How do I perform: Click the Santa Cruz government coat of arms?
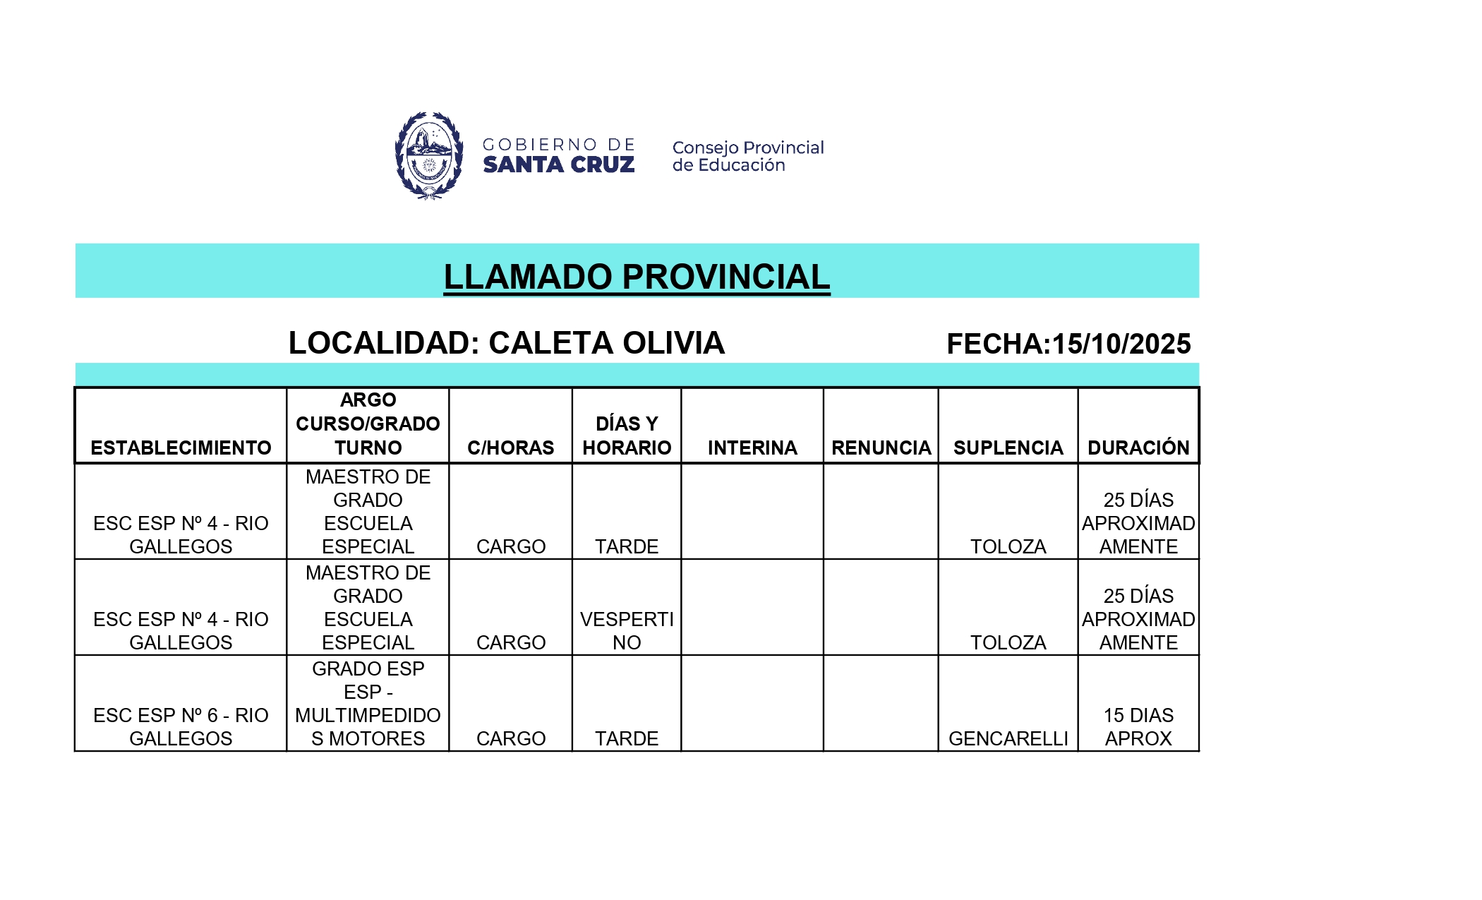(x=428, y=155)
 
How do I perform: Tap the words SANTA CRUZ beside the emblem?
(x=558, y=164)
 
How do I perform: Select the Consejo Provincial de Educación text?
(x=747, y=156)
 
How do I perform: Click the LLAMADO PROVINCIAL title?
(x=637, y=276)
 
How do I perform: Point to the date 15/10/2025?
(x=1121, y=344)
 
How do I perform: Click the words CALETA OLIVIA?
(x=606, y=343)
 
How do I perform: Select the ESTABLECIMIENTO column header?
(x=181, y=448)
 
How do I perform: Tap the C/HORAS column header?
(x=510, y=448)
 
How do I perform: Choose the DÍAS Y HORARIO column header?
(x=627, y=436)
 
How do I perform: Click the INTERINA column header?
(x=752, y=448)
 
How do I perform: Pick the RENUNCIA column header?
(x=881, y=448)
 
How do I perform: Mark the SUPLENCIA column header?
(x=1008, y=448)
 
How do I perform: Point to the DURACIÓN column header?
(x=1138, y=448)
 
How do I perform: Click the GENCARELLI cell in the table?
(x=1008, y=738)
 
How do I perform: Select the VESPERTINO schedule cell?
(x=627, y=630)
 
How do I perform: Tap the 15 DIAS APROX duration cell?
(x=1138, y=726)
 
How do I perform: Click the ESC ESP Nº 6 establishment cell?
(x=181, y=726)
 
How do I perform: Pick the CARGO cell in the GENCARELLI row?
(x=510, y=738)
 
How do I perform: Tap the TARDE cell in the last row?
(x=627, y=738)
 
